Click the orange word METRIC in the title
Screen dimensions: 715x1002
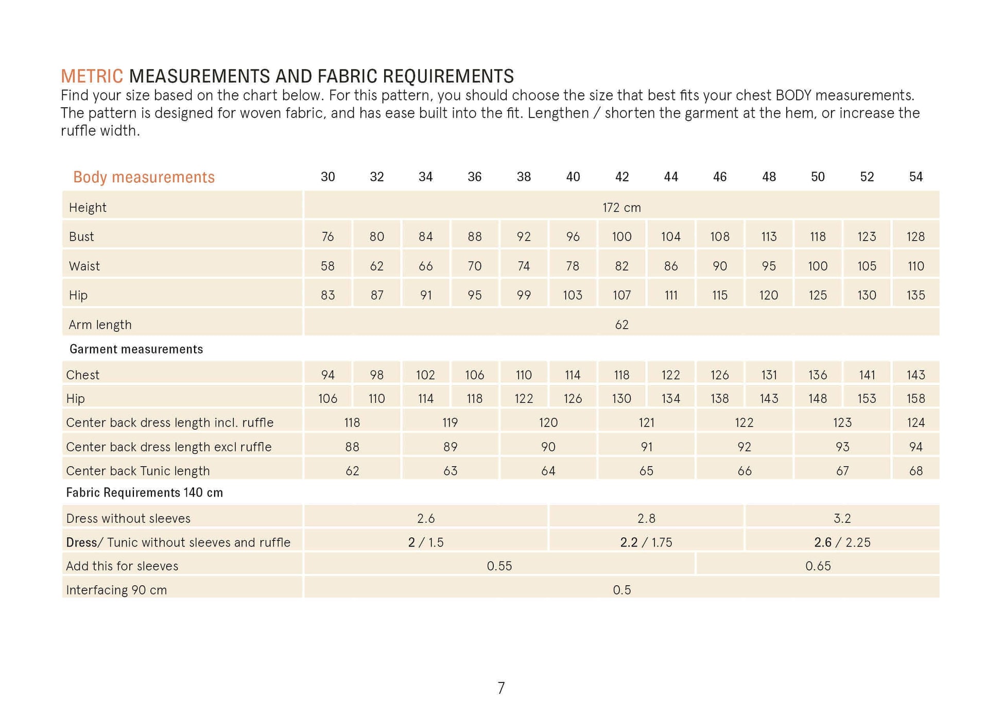(x=92, y=76)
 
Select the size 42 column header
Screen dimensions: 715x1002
(x=621, y=177)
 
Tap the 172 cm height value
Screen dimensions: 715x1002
(x=621, y=208)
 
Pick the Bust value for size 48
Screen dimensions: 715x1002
(x=768, y=236)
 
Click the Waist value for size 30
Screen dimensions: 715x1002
(x=327, y=266)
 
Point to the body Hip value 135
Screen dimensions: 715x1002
(x=915, y=295)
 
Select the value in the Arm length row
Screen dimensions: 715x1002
(x=621, y=325)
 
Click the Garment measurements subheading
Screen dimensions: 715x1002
(x=136, y=349)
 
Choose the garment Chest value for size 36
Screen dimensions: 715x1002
(x=474, y=375)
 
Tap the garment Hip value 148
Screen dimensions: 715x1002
(x=817, y=399)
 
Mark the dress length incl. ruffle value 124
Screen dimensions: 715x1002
(x=915, y=423)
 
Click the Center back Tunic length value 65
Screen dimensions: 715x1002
(x=646, y=471)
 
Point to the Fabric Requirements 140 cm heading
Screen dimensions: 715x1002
(x=144, y=493)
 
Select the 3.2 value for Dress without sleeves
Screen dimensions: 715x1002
(x=842, y=518)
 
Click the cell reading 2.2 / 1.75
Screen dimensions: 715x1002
(x=646, y=542)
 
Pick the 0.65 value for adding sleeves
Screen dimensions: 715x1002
(x=818, y=566)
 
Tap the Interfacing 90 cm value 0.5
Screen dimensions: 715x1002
(x=621, y=590)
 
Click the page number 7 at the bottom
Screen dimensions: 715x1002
(x=501, y=688)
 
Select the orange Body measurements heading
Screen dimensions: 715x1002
(x=144, y=177)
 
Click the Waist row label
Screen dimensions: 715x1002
(x=84, y=266)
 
